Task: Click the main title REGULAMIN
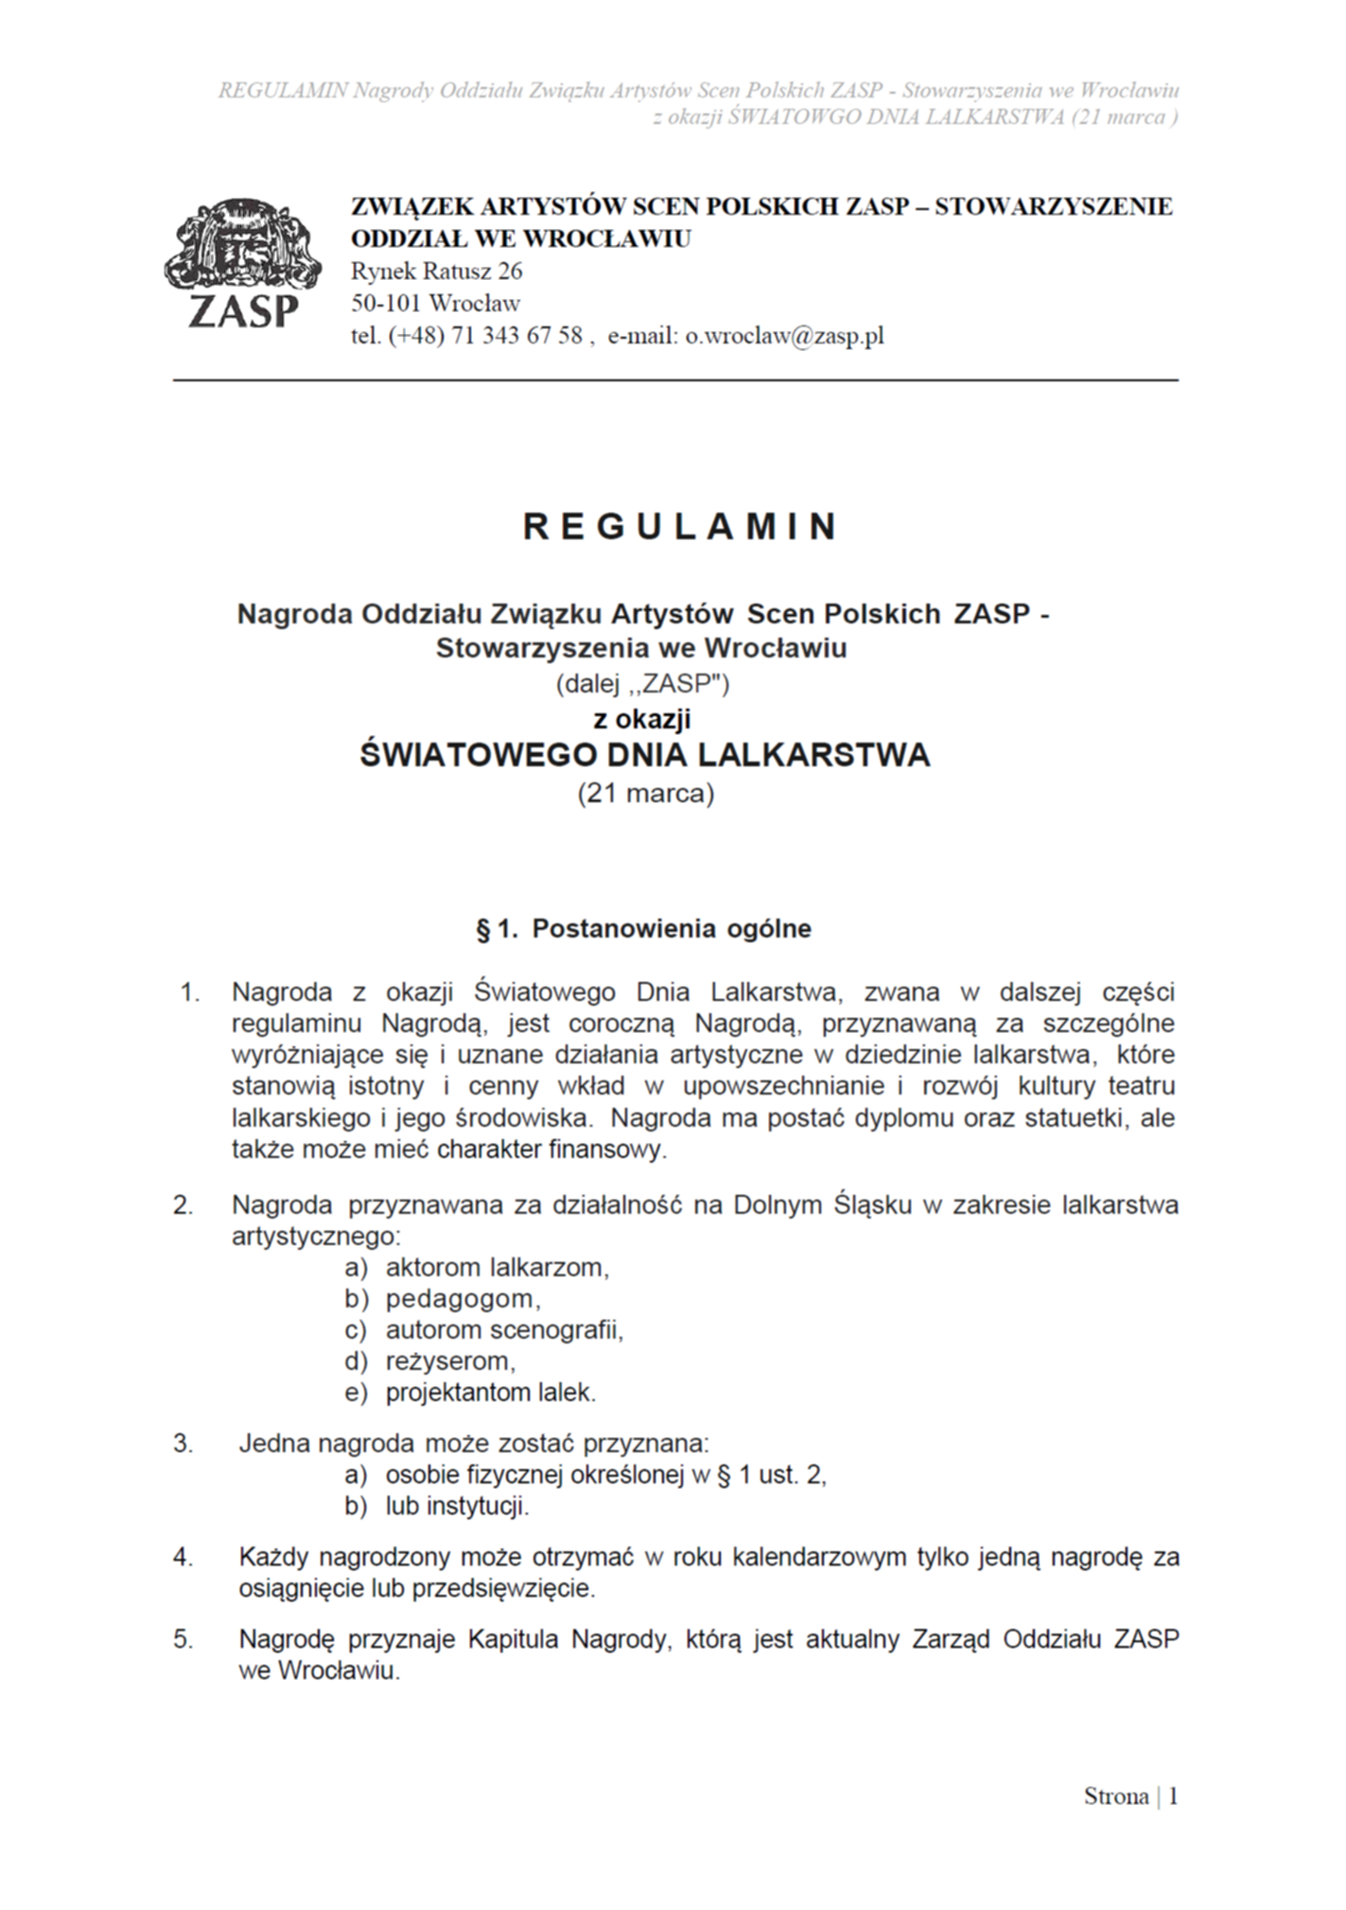point(680,527)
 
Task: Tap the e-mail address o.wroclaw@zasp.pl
point(784,336)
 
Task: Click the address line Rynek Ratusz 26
point(436,272)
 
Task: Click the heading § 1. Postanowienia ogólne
point(643,929)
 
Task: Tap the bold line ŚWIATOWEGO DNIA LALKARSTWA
point(645,755)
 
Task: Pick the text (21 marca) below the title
point(646,793)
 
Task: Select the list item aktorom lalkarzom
point(497,1268)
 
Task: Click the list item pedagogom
point(463,1299)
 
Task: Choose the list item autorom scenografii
point(504,1330)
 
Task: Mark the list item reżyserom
point(450,1361)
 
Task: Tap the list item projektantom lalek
point(491,1393)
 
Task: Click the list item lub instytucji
point(457,1506)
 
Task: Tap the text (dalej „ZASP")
point(642,683)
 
